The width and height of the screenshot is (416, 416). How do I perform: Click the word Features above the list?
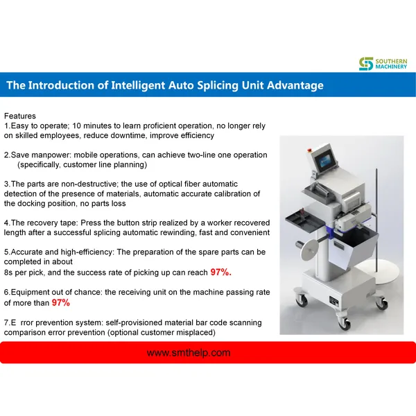pyautogui.click(x=20, y=116)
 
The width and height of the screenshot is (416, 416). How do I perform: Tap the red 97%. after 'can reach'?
pyautogui.click(x=220, y=272)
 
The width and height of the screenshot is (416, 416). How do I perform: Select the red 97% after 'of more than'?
pyautogui.click(x=61, y=302)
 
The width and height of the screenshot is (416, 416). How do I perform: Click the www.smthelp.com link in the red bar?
pyautogui.click(x=189, y=353)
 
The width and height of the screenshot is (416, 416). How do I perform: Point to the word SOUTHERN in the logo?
pyautogui.click(x=391, y=61)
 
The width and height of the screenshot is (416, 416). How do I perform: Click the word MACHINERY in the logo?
pyautogui.click(x=391, y=67)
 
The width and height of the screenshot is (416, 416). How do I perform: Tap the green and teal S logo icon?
pyautogui.click(x=366, y=64)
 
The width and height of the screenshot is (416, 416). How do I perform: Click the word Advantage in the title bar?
pyautogui.click(x=295, y=85)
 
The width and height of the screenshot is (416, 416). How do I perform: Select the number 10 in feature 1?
pyautogui.click(x=76, y=125)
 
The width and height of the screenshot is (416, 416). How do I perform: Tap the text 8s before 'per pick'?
pyautogui.click(x=8, y=272)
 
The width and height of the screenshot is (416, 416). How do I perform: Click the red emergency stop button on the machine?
pyautogui.click(x=309, y=150)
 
